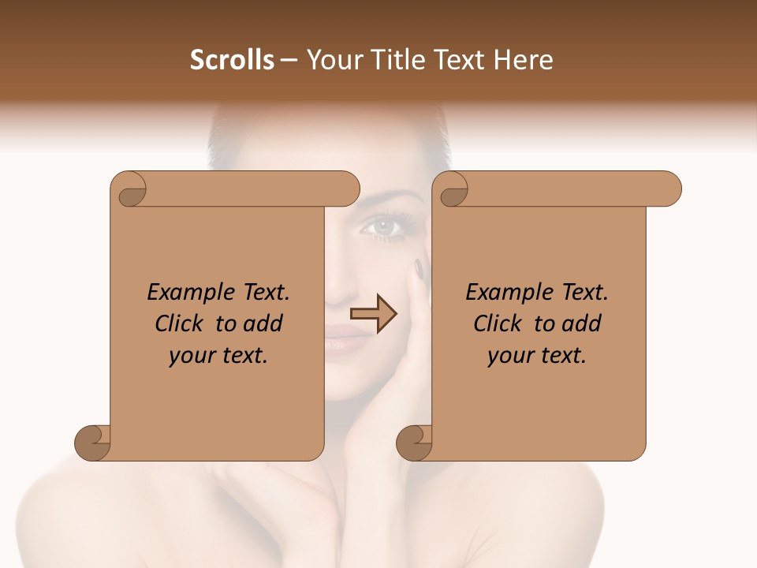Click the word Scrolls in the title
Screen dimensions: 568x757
pos(233,60)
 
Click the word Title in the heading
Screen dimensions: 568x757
pos(393,60)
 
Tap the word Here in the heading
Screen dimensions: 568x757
pos(523,60)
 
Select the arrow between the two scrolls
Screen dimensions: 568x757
pos(373,314)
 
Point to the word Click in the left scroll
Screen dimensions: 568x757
pos(181,323)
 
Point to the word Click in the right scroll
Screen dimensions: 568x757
pos(500,323)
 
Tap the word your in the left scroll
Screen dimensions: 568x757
pos(192,356)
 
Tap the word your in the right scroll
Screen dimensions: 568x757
pos(510,356)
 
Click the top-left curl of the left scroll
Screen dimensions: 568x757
pos(131,190)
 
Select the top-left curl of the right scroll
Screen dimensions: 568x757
pos(453,190)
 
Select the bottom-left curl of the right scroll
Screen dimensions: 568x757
pos(416,443)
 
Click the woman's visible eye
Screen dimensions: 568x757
pos(384,226)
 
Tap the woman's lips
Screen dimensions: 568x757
pos(345,339)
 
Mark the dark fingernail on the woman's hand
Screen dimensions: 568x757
pos(419,268)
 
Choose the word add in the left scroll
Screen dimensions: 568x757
pos(263,323)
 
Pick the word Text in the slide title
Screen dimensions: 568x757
pos(458,60)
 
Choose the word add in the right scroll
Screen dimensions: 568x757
pos(582,323)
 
